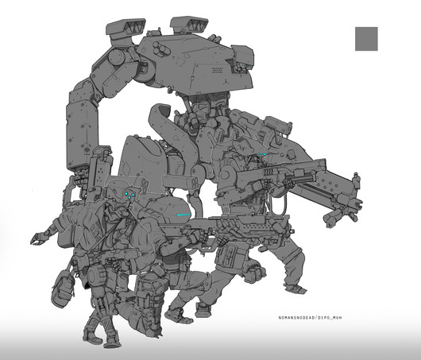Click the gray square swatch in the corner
(x=366, y=39)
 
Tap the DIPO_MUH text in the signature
(x=330, y=318)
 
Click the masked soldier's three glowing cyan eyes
(x=129, y=195)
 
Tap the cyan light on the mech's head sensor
(x=250, y=66)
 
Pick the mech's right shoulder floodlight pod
(x=189, y=25)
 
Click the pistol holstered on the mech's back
(x=279, y=129)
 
